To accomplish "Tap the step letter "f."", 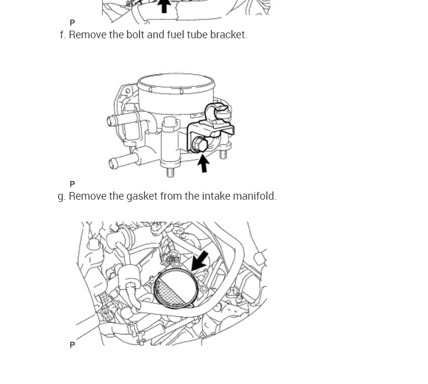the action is point(62,35).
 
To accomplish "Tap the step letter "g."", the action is point(62,196).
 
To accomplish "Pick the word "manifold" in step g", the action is point(254,196).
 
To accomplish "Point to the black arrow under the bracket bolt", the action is point(203,162).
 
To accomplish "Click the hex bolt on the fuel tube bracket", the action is point(199,144).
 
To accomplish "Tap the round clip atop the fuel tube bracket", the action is point(219,110).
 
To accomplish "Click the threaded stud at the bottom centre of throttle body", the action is point(170,171).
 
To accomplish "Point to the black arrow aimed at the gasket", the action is point(200,260).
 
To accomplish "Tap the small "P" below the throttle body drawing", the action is point(73,184).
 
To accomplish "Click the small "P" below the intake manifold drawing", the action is point(73,345).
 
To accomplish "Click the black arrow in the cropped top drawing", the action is point(164,6).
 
